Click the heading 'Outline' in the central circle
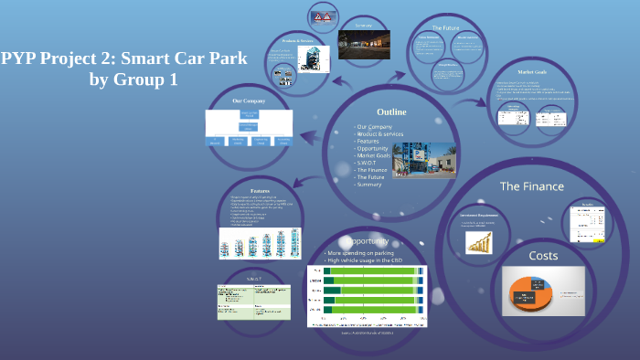pyautogui.click(x=391, y=111)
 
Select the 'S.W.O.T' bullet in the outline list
pyautogui.click(x=372, y=163)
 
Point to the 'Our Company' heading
pyautogui.click(x=249, y=101)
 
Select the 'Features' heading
pyautogui.click(x=261, y=191)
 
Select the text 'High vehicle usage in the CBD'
pyautogui.click(x=366, y=260)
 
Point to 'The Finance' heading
pyautogui.click(x=531, y=186)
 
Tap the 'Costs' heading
pyautogui.click(x=543, y=255)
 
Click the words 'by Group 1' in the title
pyautogui.click(x=133, y=80)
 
